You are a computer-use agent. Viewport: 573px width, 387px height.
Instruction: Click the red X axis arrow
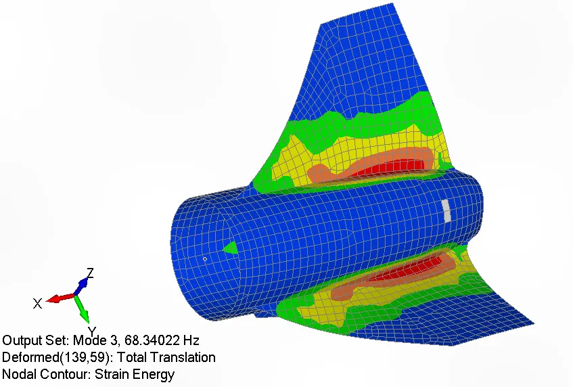[61, 298]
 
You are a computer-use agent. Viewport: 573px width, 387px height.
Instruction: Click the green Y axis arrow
[83, 309]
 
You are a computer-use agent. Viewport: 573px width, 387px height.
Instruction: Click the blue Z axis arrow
[81, 286]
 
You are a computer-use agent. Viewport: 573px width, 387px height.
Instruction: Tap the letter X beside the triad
[37, 303]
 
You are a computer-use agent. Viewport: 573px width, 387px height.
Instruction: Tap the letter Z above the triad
[90, 273]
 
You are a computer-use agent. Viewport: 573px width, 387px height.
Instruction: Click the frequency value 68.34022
[152, 340]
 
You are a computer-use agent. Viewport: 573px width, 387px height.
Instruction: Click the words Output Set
[35, 340]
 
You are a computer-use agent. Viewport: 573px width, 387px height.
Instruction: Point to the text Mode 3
[95, 340]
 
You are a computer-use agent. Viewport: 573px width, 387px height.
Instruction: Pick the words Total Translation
[166, 357]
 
